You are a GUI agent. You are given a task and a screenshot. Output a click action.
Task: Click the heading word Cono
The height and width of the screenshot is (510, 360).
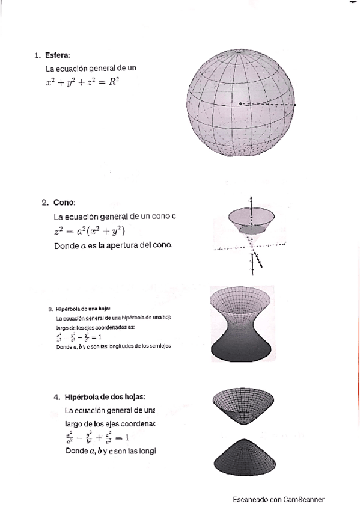(x=64, y=203)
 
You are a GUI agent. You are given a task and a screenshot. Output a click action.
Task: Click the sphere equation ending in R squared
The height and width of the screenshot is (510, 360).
(x=82, y=82)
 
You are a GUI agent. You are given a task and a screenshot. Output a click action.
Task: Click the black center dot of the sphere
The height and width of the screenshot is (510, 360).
(x=240, y=104)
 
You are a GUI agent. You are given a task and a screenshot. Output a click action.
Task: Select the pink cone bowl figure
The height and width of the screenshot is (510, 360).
(x=252, y=220)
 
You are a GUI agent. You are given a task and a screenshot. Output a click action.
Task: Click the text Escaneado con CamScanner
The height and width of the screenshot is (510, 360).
(x=279, y=500)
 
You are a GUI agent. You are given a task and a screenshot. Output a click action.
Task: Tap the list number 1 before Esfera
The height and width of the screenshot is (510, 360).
(x=37, y=56)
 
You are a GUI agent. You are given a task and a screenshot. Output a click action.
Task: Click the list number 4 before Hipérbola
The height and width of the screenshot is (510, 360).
(x=56, y=397)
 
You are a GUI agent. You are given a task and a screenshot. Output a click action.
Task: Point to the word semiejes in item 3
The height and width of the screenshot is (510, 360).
(x=160, y=347)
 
